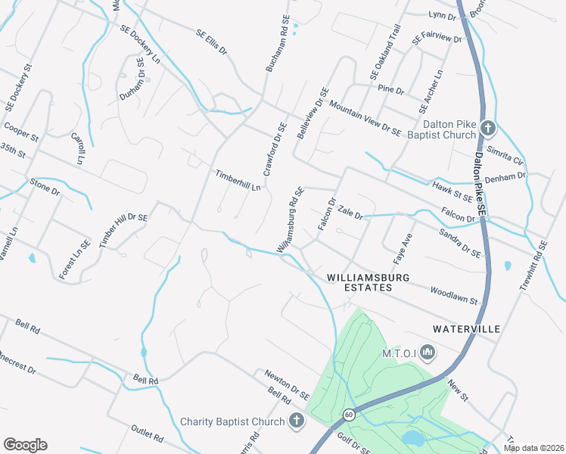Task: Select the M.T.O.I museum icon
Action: point(428,352)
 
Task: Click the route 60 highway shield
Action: point(348,415)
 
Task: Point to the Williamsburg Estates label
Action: point(368,282)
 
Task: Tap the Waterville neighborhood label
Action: point(467,329)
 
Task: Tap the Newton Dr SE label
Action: point(287,384)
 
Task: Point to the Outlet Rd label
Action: point(147,433)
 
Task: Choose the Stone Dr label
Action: point(45,186)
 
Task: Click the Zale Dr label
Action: point(350,211)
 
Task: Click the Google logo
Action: point(25,445)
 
